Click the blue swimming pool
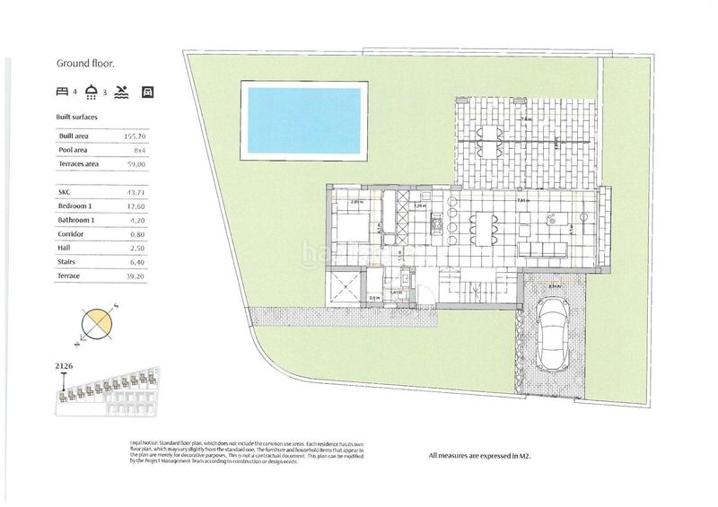click(x=305, y=119)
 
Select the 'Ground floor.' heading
click(x=86, y=64)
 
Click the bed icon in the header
click(x=62, y=92)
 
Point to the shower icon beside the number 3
click(x=92, y=92)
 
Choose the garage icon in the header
click(x=148, y=92)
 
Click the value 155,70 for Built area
click(x=134, y=135)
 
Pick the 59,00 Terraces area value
click(x=134, y=164)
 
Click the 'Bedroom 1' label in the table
click(x=76, y=206)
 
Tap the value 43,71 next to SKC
click(x=134, y=192)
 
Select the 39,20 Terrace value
click(x=134, y=276)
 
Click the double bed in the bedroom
click(x=346, y=224)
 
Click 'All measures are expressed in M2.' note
click(x=486, y=457)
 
